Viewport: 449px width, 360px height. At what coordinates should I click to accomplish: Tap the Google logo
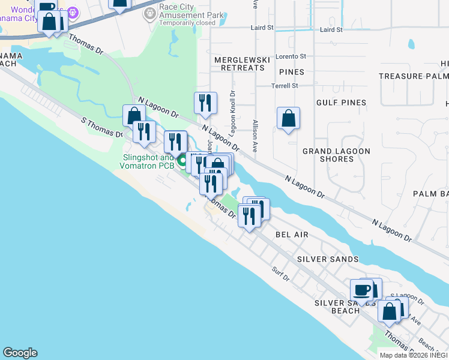20,353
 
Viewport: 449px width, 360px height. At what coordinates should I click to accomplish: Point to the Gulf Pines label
341,103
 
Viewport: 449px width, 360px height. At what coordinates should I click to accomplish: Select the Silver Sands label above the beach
328,259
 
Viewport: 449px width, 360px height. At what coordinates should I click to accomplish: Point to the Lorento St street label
291,56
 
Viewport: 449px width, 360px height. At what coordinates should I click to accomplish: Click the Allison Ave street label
255,138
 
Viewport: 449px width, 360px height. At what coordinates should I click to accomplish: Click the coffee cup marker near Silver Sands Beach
361,290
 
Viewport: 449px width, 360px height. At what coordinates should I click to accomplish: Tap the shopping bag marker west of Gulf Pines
289,118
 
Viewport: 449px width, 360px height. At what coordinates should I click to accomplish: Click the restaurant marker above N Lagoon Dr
205,102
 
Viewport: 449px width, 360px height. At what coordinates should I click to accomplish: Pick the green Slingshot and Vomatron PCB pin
180,159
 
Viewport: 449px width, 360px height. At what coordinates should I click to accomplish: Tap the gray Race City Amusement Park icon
149,13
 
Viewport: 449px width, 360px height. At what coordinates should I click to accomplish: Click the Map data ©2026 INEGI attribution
414,355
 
